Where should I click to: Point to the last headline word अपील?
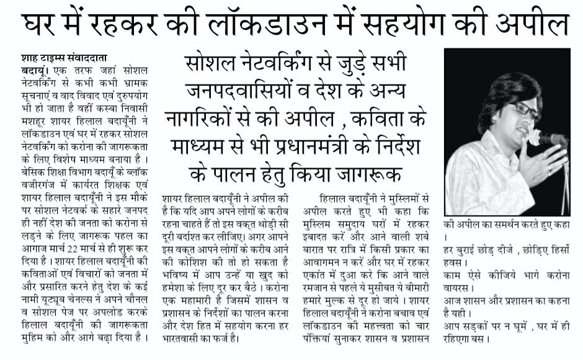(x=536, y=25)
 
